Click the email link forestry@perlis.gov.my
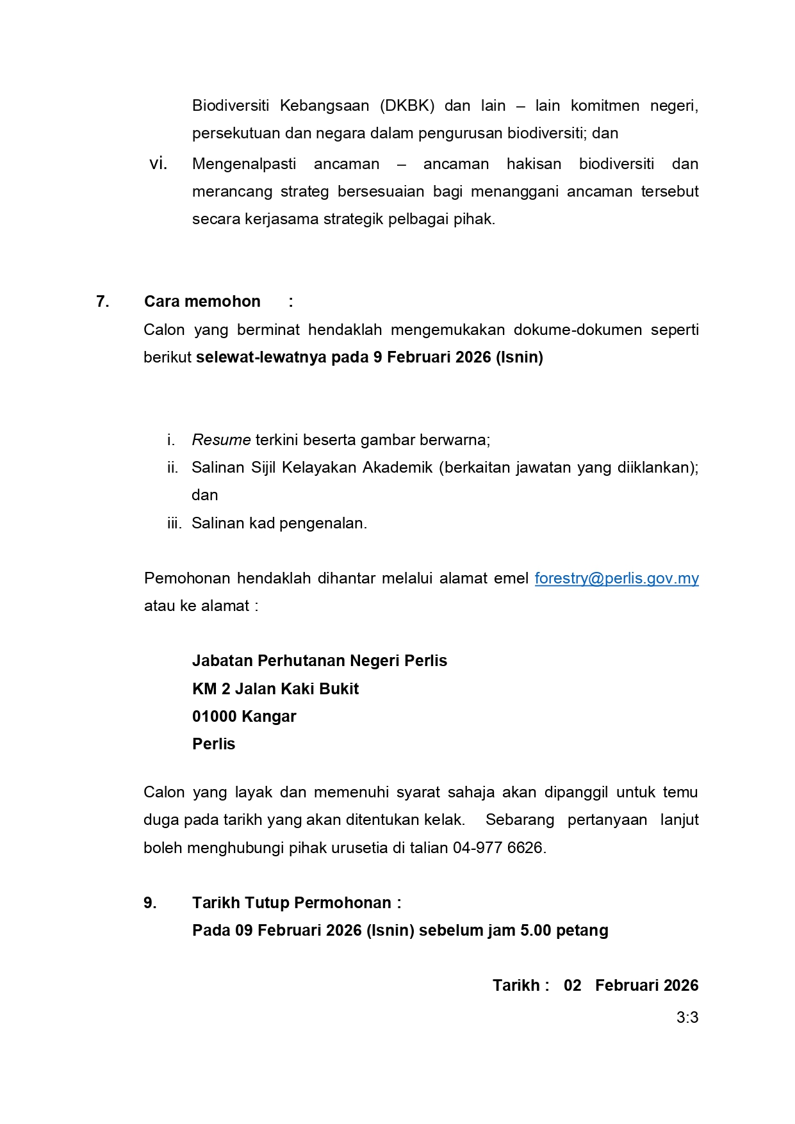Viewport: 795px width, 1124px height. [x=616, y=578]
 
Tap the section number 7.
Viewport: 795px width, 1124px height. [x=102, y=302]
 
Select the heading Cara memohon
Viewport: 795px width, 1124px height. [x=202, y=302]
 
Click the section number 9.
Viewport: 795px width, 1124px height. [x=150, y=903]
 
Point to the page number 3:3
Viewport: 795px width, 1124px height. [x=687, y=1018]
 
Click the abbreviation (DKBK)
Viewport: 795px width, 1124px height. [x=407, y=106]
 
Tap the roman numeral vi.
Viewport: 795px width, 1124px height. [x=158, y=164]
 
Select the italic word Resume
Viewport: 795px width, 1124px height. [x=221, y=440]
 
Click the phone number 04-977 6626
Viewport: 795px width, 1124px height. [x=498, y=848]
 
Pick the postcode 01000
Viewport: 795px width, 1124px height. [x=215, y=717]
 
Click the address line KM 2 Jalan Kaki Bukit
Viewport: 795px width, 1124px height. [x=275, y=689]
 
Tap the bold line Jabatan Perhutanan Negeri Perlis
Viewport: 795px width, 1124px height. [x=320, y=661]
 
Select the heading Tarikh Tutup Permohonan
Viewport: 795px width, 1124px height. [x=291, y=903]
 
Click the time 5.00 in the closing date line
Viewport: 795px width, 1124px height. [x=536, y=931]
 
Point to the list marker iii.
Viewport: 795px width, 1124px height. [x=174, y=523]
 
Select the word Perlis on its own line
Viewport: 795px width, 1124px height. [x=214, y=744]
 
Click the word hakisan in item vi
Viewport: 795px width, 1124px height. [x=534, y=164]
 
